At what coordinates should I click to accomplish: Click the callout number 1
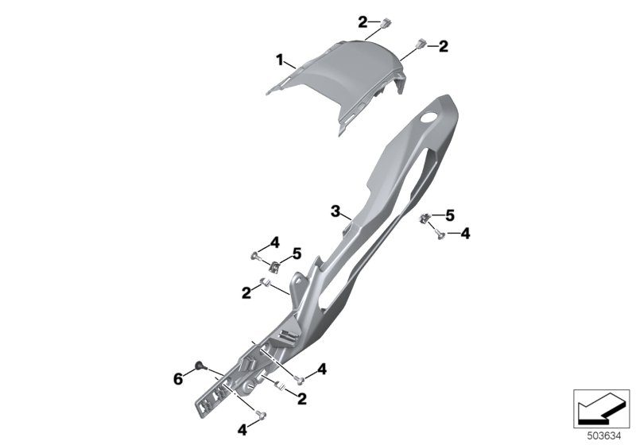[x=280, y=61]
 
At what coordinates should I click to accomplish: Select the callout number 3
[x=335, y=211]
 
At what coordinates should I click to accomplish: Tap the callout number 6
[x=178, y=380]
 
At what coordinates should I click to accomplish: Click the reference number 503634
[x=604, y=436]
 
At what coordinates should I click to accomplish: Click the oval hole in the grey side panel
[x=429, y=118]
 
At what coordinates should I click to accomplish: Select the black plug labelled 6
[x=200, y=366]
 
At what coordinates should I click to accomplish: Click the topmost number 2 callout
[x=363, y=22]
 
